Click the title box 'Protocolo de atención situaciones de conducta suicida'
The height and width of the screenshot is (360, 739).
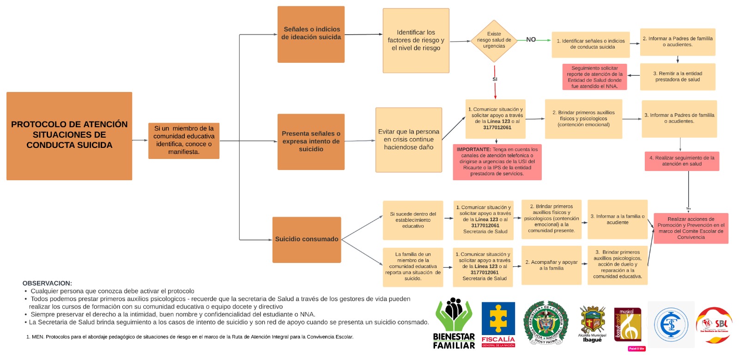[x=69, y=135]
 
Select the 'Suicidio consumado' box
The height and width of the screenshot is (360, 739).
[x=307, y=239]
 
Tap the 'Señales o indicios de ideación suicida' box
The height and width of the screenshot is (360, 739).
[x=311, y=34]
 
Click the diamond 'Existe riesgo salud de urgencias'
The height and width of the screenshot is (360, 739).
[x=494, y=41]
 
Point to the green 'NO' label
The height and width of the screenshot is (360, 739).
[x=531, y=40]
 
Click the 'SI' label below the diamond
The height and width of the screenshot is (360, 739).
[x=495, y=79]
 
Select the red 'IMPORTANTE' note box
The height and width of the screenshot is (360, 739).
[x=497, y=162]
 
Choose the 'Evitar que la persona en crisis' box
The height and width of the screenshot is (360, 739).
[x=409, y=140]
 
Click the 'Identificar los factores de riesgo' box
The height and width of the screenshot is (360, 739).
[x=416, y=41]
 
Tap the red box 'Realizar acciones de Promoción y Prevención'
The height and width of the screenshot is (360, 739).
[x=691, y=228]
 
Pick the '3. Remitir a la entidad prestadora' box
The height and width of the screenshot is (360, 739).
[x=678, y=77]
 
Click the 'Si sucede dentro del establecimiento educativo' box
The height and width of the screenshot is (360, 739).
[x=413, y=220]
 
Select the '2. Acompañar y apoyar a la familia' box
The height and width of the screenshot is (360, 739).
[x=551, y=265]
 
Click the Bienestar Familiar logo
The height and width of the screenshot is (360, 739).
[x=454, y=323]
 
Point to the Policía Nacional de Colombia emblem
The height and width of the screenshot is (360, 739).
[x=546, y=323]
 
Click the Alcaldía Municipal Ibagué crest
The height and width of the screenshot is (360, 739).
[x=593, y=323]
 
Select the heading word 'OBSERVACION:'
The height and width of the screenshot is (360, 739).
[x=47, y=283]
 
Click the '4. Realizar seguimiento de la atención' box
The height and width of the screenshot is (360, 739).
[x=682, y=161]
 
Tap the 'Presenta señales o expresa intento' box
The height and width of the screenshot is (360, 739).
[x=311, y=141]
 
